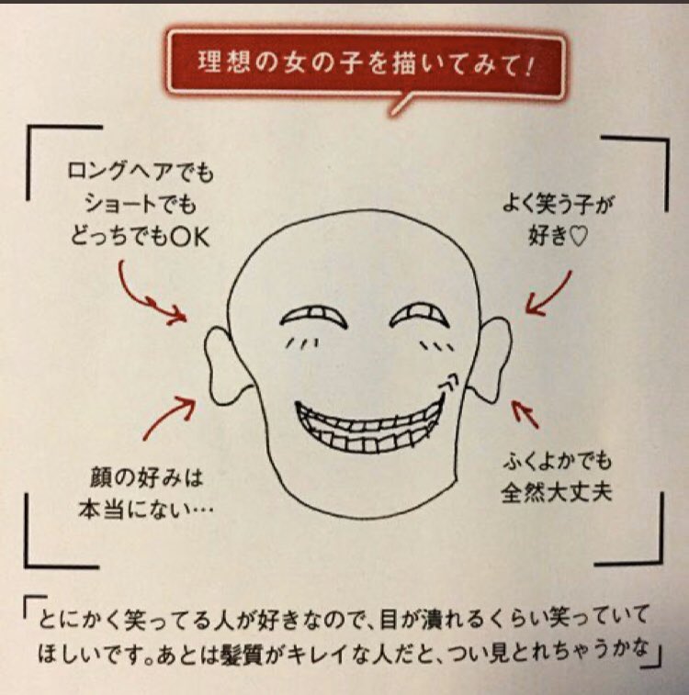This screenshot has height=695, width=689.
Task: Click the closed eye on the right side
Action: pyautogui.click(x=424, y=316)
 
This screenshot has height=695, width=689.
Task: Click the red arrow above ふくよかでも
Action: pyautogui.click(x=525, y=414)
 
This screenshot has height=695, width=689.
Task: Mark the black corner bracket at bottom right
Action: pyautogui.click(x=643, y=542)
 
